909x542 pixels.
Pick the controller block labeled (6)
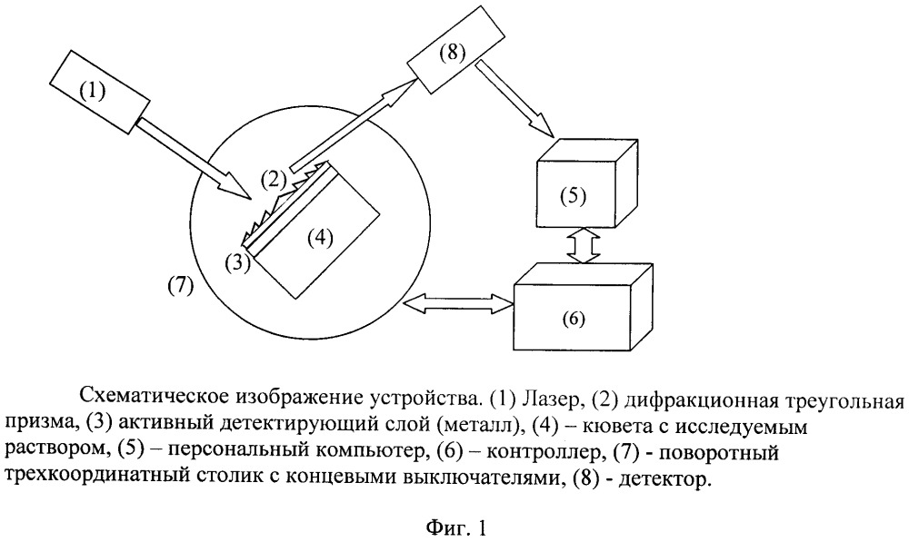coord(584,306)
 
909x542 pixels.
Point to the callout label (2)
coord(274,180)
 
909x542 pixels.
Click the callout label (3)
coord(237,262)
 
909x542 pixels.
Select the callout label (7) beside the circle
coord(180,285)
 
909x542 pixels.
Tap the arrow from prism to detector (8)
coord(355,125)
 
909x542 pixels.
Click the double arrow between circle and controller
coord(459,302)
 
